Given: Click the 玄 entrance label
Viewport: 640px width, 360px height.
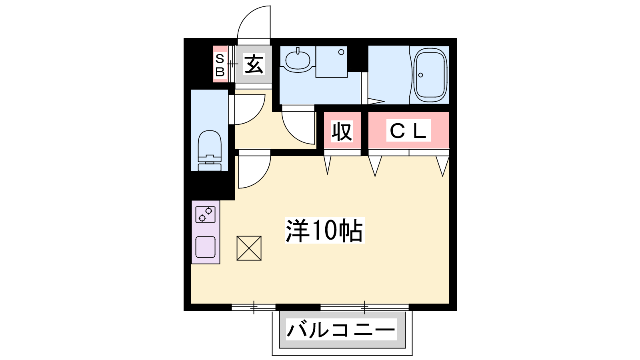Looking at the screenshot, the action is point(254,64).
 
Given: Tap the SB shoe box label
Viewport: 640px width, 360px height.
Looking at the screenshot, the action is point(220,65).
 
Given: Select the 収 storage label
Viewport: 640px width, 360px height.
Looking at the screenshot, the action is point(342,131).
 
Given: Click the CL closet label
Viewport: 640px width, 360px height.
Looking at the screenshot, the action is point(408,131).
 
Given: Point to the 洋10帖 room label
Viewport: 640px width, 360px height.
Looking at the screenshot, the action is point(324,230).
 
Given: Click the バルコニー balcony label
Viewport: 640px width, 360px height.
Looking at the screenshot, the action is point(341,330).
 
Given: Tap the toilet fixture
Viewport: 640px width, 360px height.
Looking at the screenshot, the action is point(210,150).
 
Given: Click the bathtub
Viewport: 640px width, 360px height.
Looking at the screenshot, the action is point(430,75).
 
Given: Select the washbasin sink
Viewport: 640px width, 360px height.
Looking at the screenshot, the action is point(298,60).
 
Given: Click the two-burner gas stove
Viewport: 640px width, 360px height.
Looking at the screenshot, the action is point(206,214).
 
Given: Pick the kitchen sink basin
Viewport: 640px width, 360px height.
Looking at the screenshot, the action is point(206,247).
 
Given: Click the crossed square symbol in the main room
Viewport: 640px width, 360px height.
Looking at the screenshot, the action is point(249,248).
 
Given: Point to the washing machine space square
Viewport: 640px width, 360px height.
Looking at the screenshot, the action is point(332,62).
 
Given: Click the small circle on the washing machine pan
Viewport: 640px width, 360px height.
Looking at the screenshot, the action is point(341,52).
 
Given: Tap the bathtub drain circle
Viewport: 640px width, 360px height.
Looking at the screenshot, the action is point(420,75).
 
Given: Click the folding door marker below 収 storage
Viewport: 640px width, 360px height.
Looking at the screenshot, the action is point(328,165).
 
